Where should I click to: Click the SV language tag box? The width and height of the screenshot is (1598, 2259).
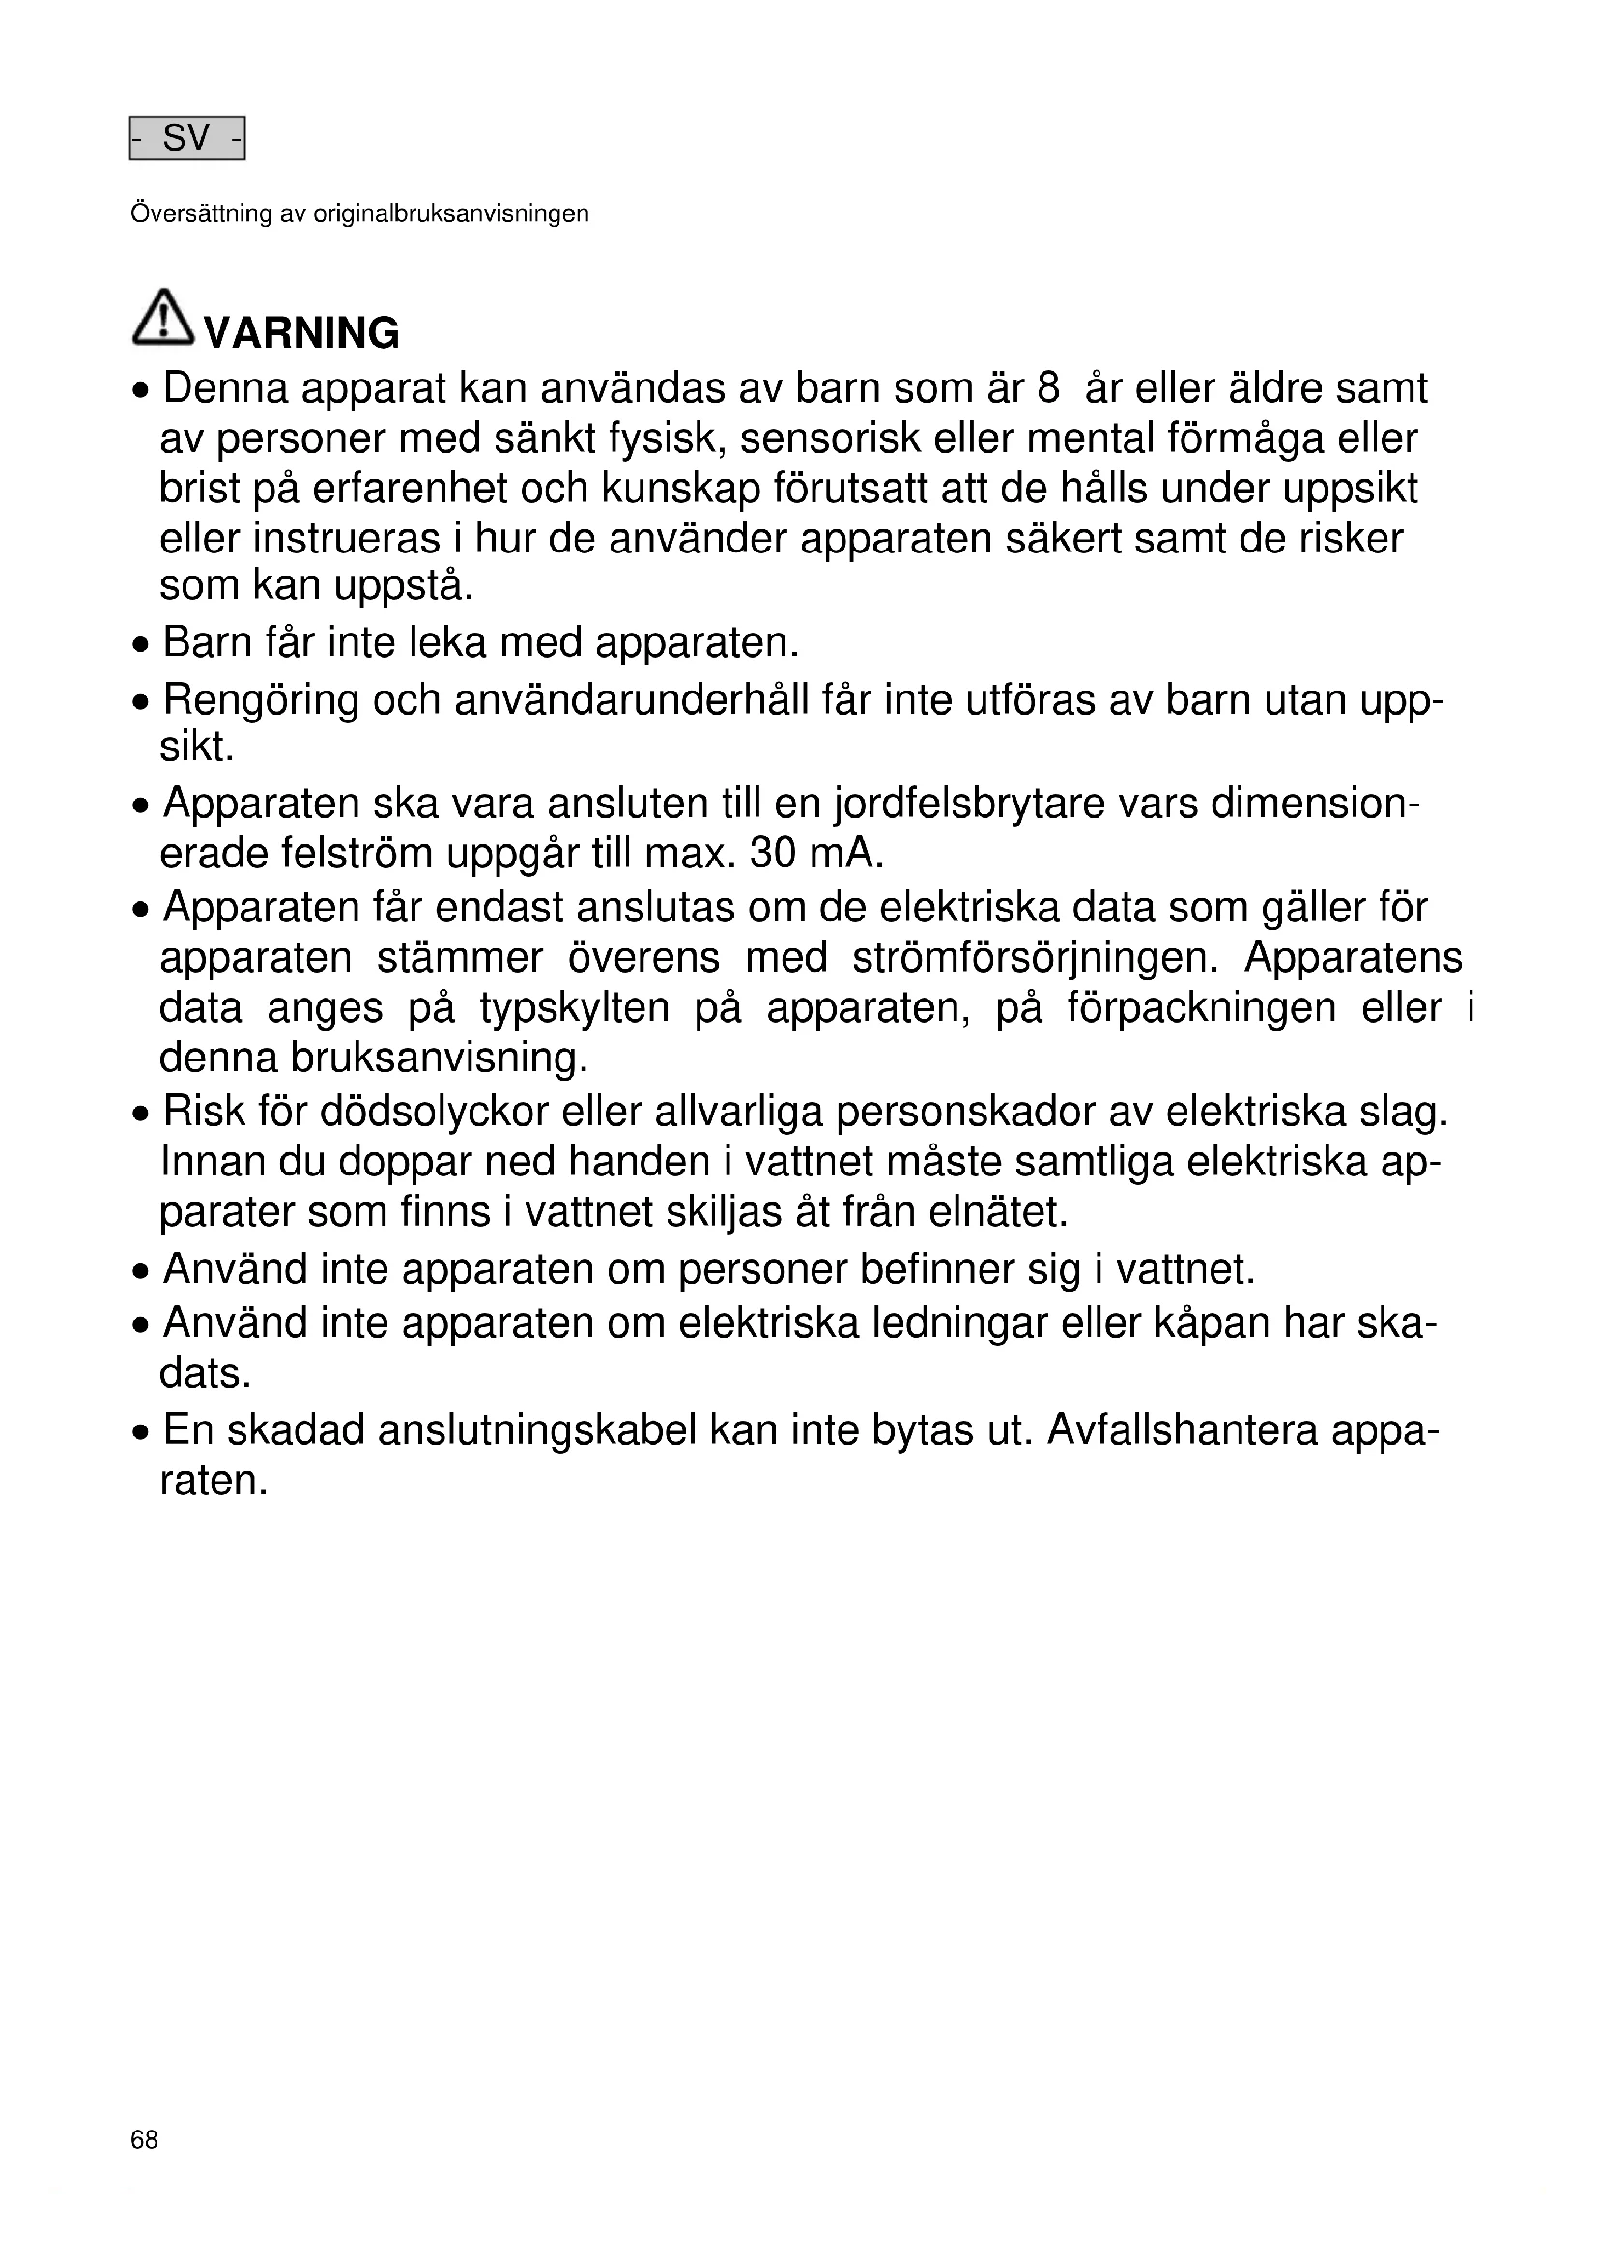click(187, 138)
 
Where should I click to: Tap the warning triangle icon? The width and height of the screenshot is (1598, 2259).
click(162, 318)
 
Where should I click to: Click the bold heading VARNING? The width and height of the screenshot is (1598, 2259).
click(301, 333)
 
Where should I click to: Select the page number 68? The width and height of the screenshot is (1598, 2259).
click(144, 2140)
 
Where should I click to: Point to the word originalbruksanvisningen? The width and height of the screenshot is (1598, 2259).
click(450, 214)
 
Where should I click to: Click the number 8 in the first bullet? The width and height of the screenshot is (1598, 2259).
click(1048, 388)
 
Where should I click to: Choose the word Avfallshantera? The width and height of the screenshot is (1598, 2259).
click(1182, 1429)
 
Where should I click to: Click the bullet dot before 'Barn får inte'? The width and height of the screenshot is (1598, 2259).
click(143, 646)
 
